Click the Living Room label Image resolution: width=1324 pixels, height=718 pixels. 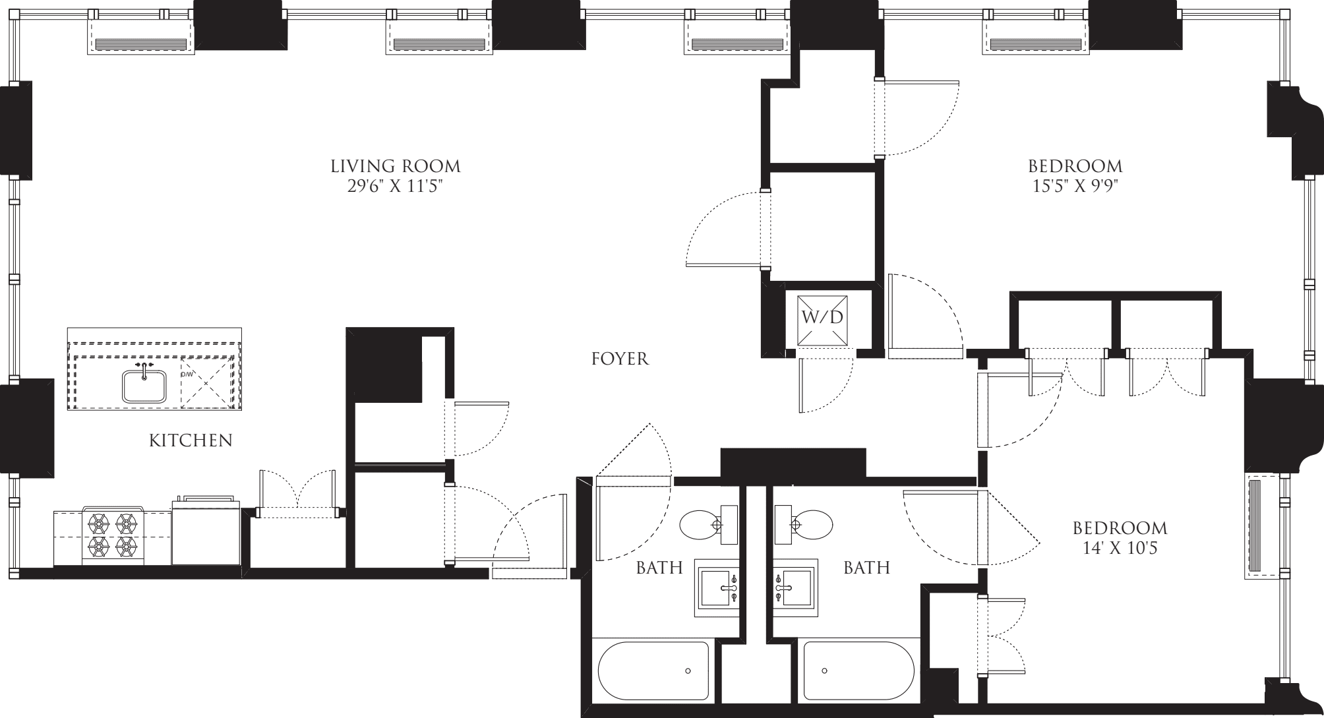[395, 165]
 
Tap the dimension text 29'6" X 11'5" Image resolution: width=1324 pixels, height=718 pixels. [395, 187]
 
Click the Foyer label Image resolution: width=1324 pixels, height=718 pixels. [620, 359]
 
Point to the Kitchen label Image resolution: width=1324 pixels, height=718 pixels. [191, 440]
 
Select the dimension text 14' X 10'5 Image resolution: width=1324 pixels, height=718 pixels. [1120, 549]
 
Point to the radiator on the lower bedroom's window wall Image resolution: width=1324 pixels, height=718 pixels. [1256, 525]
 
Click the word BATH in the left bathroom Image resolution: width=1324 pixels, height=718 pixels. [659, 568]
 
